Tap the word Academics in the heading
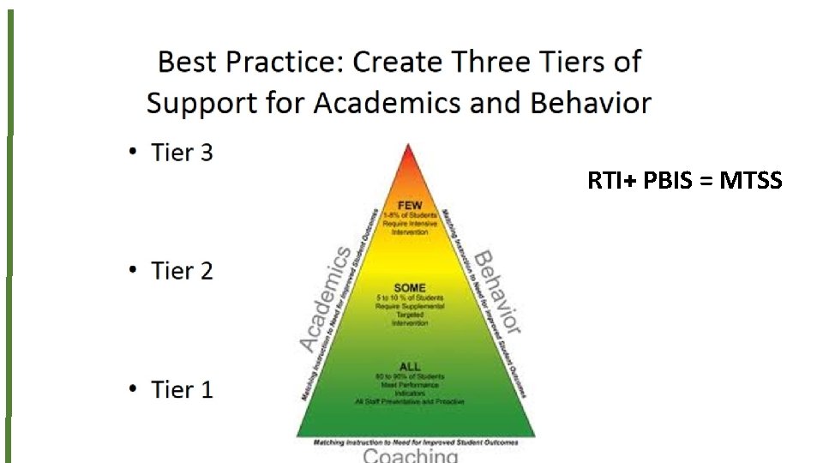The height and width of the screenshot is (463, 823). pyautogui.click(x=405, y=104)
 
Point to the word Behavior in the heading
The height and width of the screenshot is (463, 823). pyautogui.click(x=591, y=104)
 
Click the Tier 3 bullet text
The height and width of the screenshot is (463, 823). pyautogui.click(x=181, y=153)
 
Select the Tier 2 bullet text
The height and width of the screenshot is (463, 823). pyautogui.click(x=181, y=271)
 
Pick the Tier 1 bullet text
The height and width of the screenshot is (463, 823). pyautogui.click(x=181, y=389)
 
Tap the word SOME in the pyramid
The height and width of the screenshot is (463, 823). pyautogui.click(x=408, y=287)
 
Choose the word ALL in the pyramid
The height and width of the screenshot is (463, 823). pyautogui.click(x=408, y=367)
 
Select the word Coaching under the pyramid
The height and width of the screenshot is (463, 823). pyautogui.click(x=410, y=455)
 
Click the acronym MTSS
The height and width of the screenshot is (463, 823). pyautogui.click(x=750, y=181)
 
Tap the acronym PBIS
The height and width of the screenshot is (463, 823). pyautogui.click(x=664, y=181)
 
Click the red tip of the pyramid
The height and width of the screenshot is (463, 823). pyautogui.click(x=408, y=159)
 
